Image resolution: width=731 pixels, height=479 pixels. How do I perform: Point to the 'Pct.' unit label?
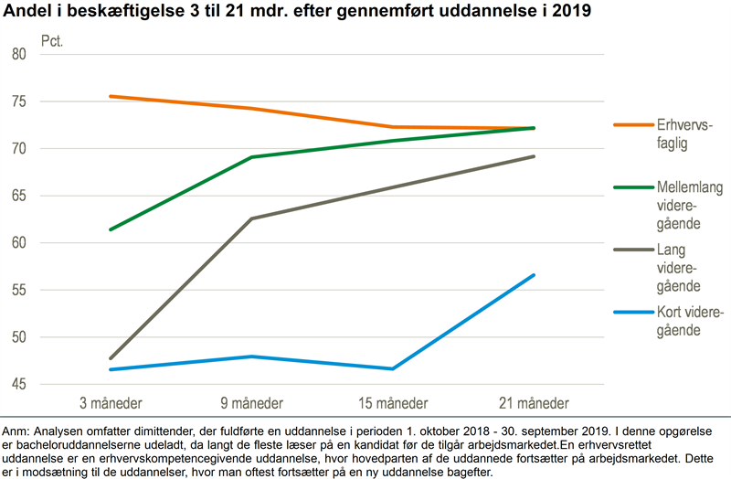53,42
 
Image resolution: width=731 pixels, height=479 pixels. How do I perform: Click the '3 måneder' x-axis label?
110,403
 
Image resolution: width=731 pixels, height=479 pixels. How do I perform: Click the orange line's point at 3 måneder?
110,96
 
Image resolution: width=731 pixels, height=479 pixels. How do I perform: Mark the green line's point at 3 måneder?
110,229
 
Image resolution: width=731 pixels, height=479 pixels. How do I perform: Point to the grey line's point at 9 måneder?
251,218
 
